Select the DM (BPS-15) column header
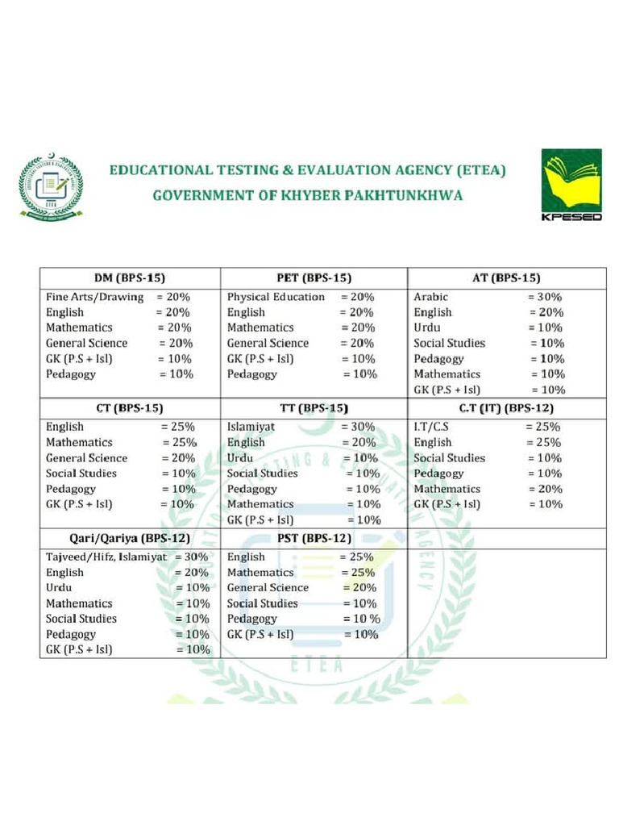pos(130,277)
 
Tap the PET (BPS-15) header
pos(314,277)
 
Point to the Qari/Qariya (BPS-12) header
pos(130,537)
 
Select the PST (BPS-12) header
pos(314,537)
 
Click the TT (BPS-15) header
pos(314,408)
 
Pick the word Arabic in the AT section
pos(430,297)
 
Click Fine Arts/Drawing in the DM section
pos(94,297)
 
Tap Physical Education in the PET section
pos(276,297)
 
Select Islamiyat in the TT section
pos(252,427)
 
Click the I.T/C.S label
pos(431,427)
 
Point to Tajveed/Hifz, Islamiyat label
pos(106,557)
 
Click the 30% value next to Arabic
pos(545,297)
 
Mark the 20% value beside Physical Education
pos(357,297)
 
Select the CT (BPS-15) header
pos(130,408)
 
